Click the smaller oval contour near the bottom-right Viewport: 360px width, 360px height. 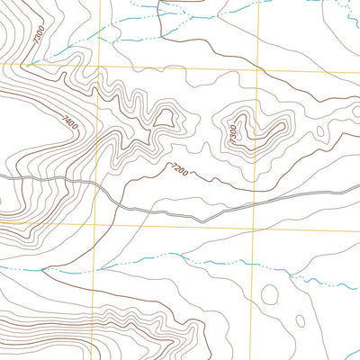(301, 320)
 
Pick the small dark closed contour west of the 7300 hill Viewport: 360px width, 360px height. (165, 116)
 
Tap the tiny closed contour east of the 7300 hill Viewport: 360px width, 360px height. (320, 132)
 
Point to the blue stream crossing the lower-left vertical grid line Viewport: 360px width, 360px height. (96, 267)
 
